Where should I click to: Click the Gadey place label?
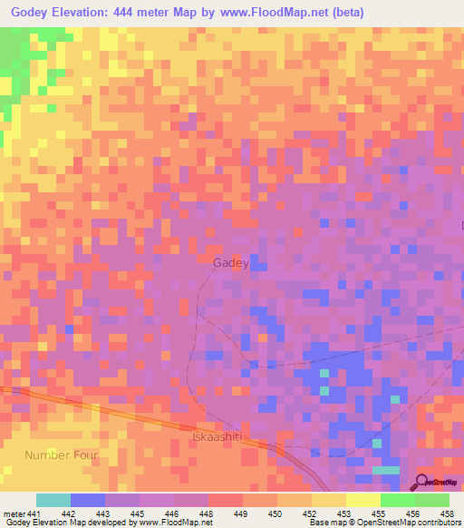(229, 263)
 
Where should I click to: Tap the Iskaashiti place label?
(216, 436)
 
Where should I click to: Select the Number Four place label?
(61, 454)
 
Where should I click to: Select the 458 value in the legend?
(446, 513)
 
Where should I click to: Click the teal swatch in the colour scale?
(53, 500)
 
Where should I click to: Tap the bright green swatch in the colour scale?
(397, 500)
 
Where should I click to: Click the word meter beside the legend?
(14, 513)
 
